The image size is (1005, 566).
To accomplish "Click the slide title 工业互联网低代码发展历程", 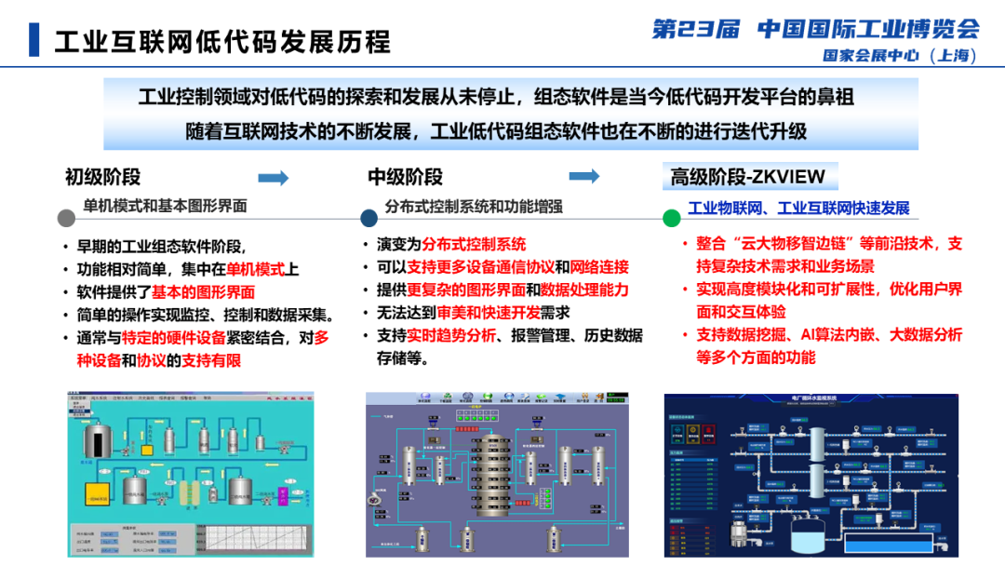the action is (222, 41).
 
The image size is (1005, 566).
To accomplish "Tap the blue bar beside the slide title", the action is (34, 40).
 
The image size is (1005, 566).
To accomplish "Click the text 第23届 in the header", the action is (695, 28).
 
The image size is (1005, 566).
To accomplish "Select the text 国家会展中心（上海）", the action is (900, 56).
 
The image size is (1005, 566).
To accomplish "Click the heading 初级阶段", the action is (102, 177).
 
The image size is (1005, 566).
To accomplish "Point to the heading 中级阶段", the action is (405, 177).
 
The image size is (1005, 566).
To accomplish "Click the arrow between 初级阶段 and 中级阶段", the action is (274, 177).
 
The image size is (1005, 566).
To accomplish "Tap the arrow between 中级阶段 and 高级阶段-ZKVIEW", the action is (583, 176).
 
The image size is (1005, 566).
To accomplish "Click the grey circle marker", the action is (66, 218).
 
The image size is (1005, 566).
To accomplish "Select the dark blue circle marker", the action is (368, 218).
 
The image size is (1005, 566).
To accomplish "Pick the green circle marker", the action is (671, 218).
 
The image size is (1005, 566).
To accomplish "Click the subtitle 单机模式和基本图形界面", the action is (166, 206).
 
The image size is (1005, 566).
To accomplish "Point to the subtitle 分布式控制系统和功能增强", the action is (474, 206).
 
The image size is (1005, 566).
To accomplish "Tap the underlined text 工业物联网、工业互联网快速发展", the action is (798, 208).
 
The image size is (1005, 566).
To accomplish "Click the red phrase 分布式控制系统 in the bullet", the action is (474, 245).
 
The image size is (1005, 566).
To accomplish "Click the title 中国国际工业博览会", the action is (868, 28).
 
